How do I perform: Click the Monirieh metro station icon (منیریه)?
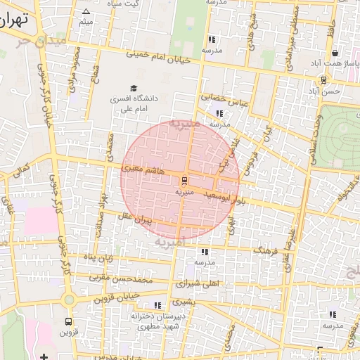click(184, 179)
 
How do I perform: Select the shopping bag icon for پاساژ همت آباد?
click(335, 53)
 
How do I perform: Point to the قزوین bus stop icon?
click(67, 320)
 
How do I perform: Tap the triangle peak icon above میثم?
click(86, 12)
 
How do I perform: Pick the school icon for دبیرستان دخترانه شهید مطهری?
click(157, 305)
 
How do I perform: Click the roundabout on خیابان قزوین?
click(68, 300)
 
